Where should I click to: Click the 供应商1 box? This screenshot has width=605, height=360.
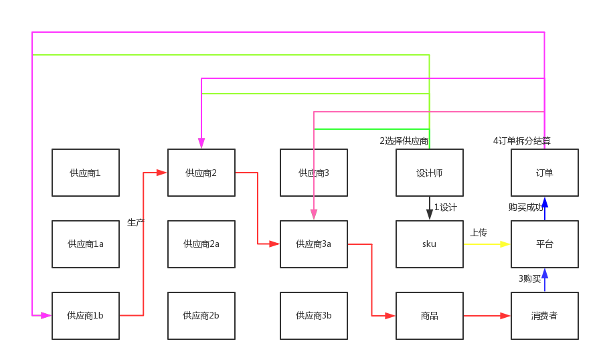click(86, 173)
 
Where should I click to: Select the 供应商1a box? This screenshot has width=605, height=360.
click(86, 244)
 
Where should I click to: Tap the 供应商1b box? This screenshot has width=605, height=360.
click(86, 316)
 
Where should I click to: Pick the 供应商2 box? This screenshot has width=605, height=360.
click(201, 173)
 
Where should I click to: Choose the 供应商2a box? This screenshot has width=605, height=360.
click(201, 244)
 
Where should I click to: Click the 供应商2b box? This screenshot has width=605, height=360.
click(201, 316)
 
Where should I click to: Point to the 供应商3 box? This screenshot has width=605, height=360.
click(314, 173)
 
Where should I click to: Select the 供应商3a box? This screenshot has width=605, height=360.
click(314, 244)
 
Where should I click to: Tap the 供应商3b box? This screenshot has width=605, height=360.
click(314, 316)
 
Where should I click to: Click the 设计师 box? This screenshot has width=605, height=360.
click(430, 173)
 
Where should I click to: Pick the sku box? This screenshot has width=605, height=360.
click(430, 244)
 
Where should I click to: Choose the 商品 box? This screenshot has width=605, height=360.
click(430, 316)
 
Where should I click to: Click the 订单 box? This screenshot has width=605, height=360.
click(545, 173)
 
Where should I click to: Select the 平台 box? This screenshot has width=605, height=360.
click(545, 244)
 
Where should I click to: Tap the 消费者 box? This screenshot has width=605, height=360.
click(545, 316)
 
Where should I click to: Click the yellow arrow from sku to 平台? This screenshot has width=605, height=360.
click(487, 244)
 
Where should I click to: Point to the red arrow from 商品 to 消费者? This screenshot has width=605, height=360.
click(487, 316)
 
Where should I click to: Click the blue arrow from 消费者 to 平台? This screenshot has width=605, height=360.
click(545, 280)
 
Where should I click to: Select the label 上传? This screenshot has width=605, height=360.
click(479, 233)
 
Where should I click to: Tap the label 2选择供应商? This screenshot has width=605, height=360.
click(404, 141)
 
